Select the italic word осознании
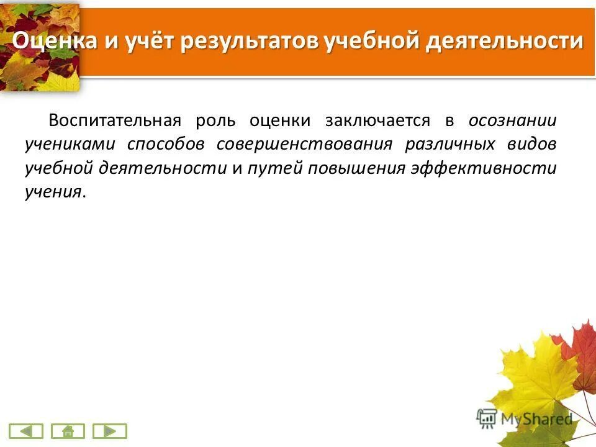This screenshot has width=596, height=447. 512,120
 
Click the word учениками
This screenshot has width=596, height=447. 70,144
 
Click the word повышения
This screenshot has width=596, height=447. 354,168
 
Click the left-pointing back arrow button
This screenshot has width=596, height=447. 27,431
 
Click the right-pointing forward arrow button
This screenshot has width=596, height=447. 109,431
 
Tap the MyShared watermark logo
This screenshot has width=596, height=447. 525,419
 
